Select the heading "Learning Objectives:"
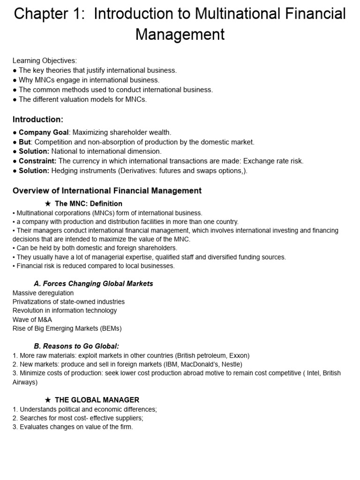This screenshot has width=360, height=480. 45,60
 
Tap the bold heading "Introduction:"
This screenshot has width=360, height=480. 38,119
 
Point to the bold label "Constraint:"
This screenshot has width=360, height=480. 37,161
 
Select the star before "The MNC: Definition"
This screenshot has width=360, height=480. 47,203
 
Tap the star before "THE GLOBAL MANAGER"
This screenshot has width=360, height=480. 47,400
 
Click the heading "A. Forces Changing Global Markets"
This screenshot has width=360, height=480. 93,284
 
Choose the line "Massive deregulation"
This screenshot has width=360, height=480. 43,293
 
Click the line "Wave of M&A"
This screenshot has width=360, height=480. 32,320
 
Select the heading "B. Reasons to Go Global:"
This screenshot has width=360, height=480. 76,346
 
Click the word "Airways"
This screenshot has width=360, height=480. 25,382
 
